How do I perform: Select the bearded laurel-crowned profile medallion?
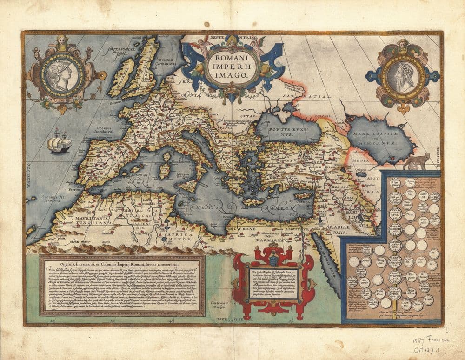[x=401, y=75]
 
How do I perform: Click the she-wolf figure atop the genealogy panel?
[x=417, y=161]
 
